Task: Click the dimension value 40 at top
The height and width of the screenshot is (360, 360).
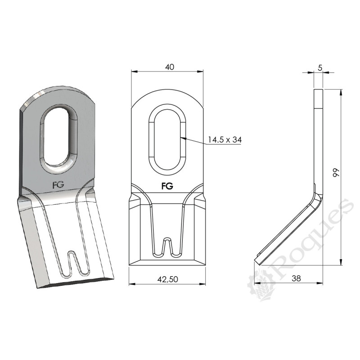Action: [x=169, y=67]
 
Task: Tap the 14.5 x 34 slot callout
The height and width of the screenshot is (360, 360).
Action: [x=225, y=140]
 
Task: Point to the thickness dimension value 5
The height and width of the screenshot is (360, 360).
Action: [x=319, y=67]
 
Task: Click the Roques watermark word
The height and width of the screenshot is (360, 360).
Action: [x=310, y=238]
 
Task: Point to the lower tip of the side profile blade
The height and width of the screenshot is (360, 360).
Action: [x=256, y=261]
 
